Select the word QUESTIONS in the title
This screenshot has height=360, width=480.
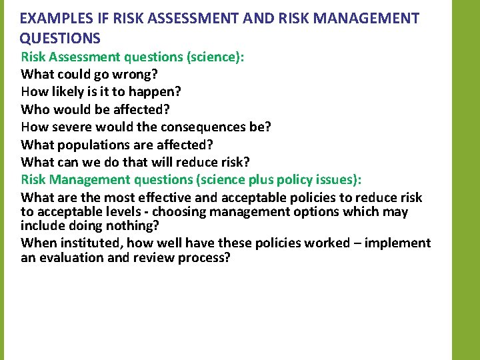click(x=60, y=38)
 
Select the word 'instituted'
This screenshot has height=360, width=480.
click(x=90, y=243)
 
